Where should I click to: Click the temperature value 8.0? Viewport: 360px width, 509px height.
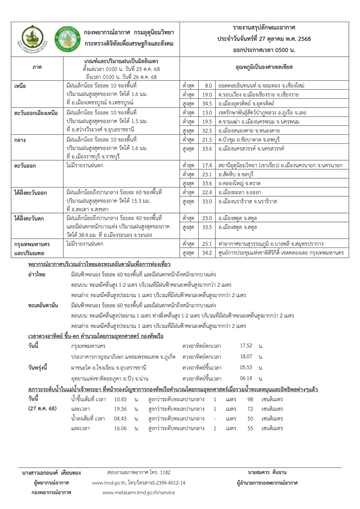[x=208, y=86]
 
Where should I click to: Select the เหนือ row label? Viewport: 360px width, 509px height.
[x=20, y=86]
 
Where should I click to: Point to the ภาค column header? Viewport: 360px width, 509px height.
[x=37, y=67]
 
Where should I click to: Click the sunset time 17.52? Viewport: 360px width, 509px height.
[x=246, y=346]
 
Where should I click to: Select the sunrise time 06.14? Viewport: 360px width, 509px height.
[x=246, y=378]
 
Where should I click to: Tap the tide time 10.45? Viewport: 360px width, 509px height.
[x=120, y=399]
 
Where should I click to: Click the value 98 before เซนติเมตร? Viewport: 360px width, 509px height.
[x=250, y=399]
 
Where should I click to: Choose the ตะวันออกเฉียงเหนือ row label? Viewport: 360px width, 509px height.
[x=36, y=113]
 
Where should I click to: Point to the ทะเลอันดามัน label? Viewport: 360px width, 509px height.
[x=43, y=305]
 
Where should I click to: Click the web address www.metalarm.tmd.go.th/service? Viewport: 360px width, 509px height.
[x=139, y=492]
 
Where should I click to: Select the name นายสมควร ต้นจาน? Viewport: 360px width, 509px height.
[x=267, y=472]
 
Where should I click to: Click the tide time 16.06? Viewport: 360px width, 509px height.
[x=120, y=428]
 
